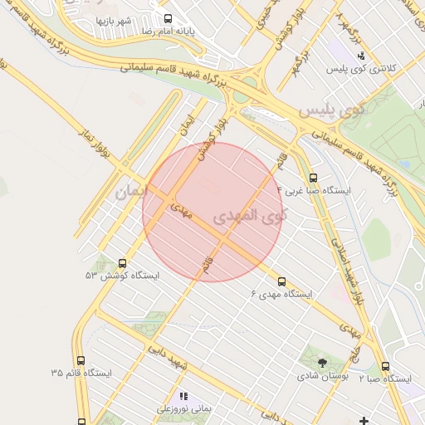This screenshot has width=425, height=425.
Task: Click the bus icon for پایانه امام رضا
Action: click(x=169, y=18)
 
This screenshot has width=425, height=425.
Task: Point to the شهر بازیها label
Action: click(x=114, y=20)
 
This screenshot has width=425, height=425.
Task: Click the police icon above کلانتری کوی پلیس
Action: click(x=359, y=56)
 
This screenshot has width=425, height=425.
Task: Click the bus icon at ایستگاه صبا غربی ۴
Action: click(x=313, y=177)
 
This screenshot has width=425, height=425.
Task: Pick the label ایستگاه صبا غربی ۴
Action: click(x=319, y=190)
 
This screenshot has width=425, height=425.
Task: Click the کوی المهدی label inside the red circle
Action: click(x=249, y=216)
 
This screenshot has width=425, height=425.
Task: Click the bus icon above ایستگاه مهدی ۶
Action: click(x=281, y=281)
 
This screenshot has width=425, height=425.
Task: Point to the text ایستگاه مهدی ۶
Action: click(x=282, y=295)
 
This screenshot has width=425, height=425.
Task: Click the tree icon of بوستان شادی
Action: click(x=322, y=362)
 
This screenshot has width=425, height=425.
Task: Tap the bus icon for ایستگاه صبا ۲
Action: click(x=385, y=366)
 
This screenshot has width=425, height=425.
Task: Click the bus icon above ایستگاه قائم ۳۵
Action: click(x=81, y=360)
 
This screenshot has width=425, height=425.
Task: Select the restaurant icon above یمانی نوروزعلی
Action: click(x=183, y=397)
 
